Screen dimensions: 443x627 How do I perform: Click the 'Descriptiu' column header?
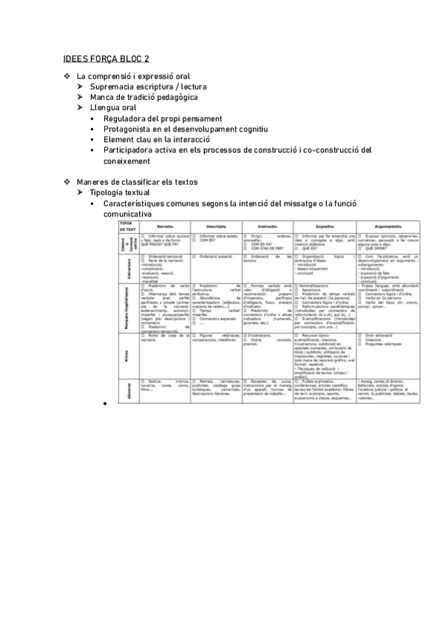click(216, 227)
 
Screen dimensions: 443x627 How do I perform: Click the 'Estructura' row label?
click(123, 265)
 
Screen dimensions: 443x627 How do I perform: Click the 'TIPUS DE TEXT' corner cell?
click(123, 226)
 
